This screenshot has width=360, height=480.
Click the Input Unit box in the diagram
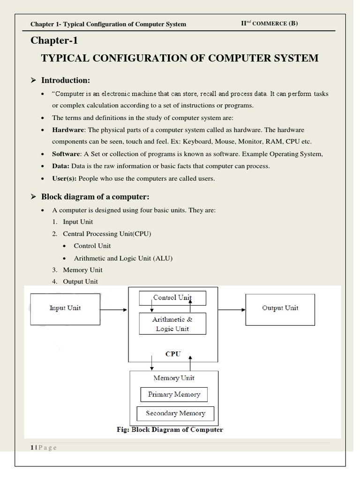tap(65, 308)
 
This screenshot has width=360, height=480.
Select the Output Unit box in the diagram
tap(280, 308)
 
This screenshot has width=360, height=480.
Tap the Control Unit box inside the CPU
tap(172, 298)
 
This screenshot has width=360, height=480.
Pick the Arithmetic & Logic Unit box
tap(172, 324)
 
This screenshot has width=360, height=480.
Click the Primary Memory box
tap(174, 395)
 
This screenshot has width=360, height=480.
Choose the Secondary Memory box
tap(175, 413)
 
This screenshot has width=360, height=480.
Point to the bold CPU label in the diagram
tap(173, 354)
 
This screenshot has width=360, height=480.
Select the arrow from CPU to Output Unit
tap(232, 309)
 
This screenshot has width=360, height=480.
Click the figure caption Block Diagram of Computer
tap(169, 429)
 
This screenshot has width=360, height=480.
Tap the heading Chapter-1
tap(53, 41)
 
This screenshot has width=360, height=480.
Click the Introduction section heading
tap(66, 81)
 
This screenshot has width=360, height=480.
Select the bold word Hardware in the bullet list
tap(68, 130)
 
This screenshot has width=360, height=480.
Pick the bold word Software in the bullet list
tap(67, 154)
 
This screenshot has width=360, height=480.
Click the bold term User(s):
tap(64, 179)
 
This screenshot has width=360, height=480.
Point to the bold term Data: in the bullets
tap(61, 166)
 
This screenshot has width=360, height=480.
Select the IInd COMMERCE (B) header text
tap(269, 23)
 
